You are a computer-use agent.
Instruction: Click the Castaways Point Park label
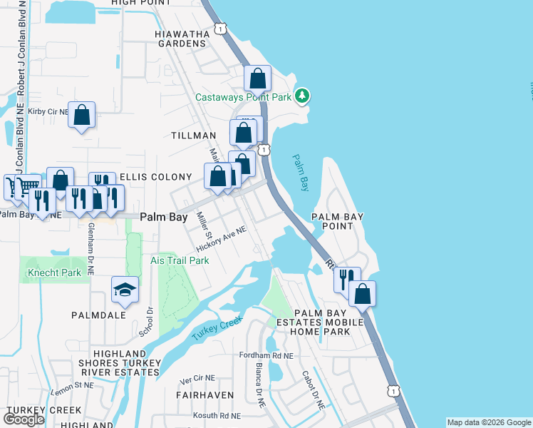click(244, 97)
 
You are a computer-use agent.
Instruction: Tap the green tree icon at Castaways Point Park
click(302, 95)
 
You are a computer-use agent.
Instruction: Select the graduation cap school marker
click(125, 290)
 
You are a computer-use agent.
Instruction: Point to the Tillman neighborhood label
click(193, 136)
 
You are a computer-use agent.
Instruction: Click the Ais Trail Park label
click(180, 260)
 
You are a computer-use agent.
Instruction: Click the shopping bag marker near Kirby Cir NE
click(82, 115)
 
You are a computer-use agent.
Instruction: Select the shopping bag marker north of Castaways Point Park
click(258, 78)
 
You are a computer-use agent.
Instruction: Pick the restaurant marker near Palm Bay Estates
click(346, 280)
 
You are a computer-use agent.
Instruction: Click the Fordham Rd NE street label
click(267, 355)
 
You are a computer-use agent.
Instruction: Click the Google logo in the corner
click(24, 419)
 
